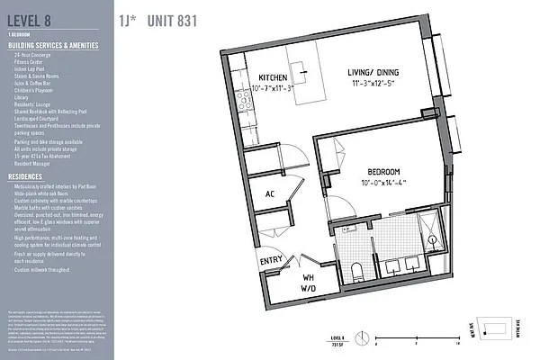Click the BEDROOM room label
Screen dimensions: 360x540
click(391, 171)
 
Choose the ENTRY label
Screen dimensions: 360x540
click(271, 262)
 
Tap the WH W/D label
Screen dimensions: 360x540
click(308, 283)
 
